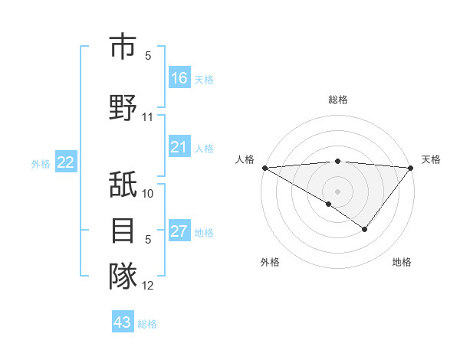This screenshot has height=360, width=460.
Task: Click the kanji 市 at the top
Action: [123, 47]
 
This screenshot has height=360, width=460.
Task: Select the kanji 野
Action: [123, 107]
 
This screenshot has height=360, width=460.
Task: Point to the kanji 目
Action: [123, 230]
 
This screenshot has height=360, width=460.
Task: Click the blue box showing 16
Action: [179, 78]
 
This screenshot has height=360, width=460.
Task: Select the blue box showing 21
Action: [179, 148]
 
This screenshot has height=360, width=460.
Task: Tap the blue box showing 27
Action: [179, 232]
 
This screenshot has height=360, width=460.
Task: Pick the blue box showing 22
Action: [66, 162]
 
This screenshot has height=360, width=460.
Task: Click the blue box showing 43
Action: [123, 322]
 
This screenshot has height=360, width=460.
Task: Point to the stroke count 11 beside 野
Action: [148, 117]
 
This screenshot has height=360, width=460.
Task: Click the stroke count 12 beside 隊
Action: [148, 286]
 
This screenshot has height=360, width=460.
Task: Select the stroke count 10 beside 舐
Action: [148, 193]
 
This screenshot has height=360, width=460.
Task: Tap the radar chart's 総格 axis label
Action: [337, 100]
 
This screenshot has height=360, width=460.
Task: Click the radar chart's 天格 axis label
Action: [431, 159]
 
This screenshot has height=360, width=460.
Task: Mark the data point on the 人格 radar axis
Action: [264, 167]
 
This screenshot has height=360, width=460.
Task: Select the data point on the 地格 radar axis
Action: [365, 229]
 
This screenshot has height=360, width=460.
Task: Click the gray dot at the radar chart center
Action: [337, 191]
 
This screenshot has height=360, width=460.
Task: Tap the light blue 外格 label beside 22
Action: [41, 163]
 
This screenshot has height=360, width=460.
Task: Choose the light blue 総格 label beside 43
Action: [148, 324]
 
